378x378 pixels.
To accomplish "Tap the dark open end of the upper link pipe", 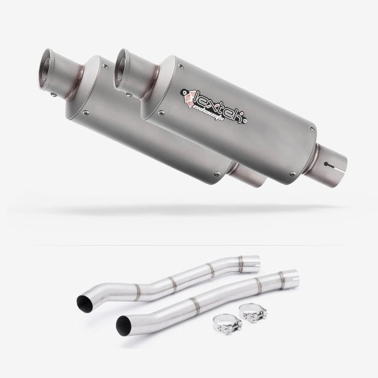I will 83,302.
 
